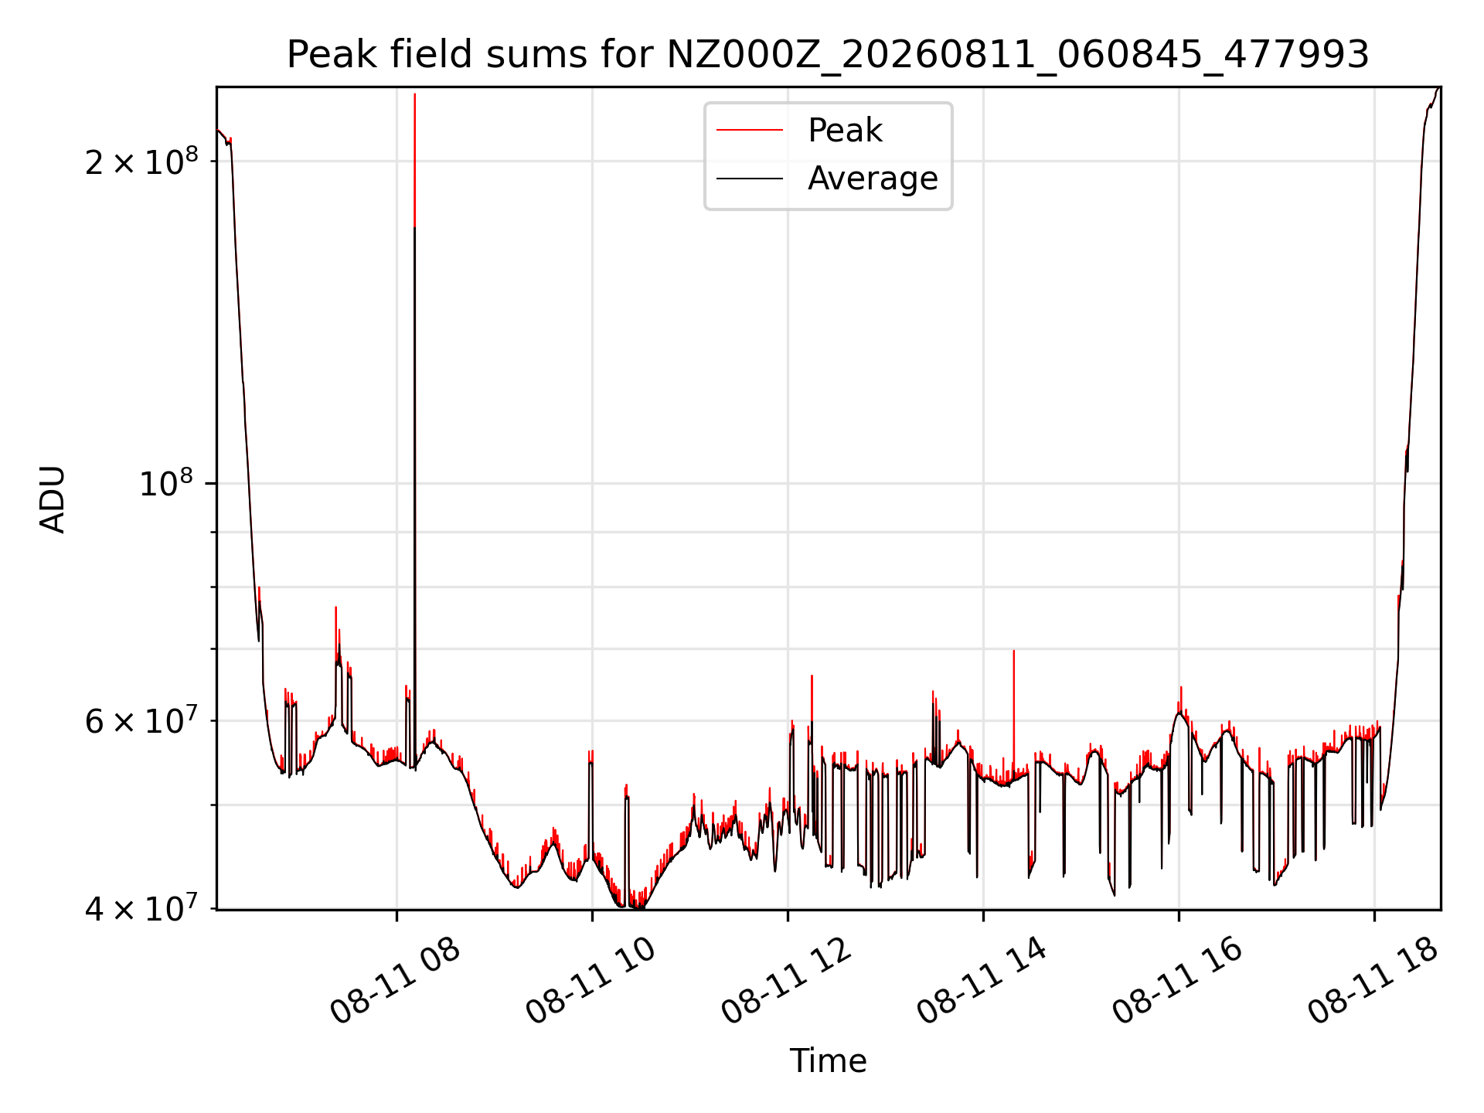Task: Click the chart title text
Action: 828,55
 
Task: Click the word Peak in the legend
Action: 845,131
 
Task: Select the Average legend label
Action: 873,179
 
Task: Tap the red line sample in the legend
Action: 750,131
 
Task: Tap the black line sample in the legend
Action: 750,179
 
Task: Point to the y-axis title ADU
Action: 53,499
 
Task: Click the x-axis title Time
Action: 828,1061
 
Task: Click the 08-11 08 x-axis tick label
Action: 395,981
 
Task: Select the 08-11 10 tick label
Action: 591,981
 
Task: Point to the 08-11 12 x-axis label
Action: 786,981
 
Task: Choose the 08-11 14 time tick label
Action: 982,981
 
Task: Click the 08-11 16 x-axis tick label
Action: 1177,981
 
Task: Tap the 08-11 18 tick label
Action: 1373,981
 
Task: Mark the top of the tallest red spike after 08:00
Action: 415,94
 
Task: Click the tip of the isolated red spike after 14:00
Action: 1013,651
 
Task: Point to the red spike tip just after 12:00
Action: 812,676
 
